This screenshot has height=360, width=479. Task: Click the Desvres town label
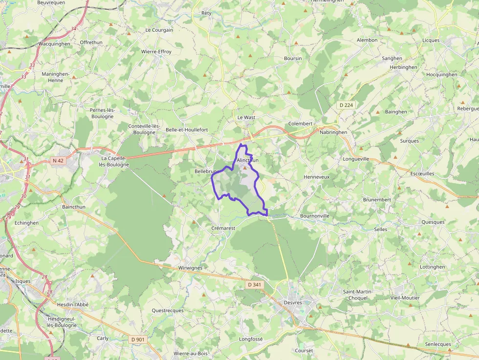click(293, 303)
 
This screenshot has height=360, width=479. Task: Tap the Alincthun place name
click(247, 160)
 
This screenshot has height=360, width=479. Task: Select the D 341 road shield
click(255, 284)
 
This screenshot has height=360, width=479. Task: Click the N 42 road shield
click(58, 160)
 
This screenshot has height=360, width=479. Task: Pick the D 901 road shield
click(138, 339)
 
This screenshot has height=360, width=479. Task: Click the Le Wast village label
click(246, 118)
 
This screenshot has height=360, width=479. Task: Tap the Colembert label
click(300, 124)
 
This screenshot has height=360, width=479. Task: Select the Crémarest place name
click(223, 228)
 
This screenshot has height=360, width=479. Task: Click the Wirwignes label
click(191, 268)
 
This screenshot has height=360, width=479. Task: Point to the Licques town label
click(431, 41)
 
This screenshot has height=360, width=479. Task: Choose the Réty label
click(206, 13)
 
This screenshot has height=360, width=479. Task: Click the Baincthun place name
click(74, 207)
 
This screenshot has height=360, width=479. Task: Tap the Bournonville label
click(315, 215)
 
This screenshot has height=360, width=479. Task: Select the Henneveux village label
click(317, 176)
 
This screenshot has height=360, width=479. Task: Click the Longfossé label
click(251, 339)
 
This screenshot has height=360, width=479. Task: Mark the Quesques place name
click(433, 222)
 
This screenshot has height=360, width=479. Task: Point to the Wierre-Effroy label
click(156, 51)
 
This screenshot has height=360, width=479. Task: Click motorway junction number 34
click(74, 28)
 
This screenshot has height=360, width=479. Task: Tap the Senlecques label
click(438, 344)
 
